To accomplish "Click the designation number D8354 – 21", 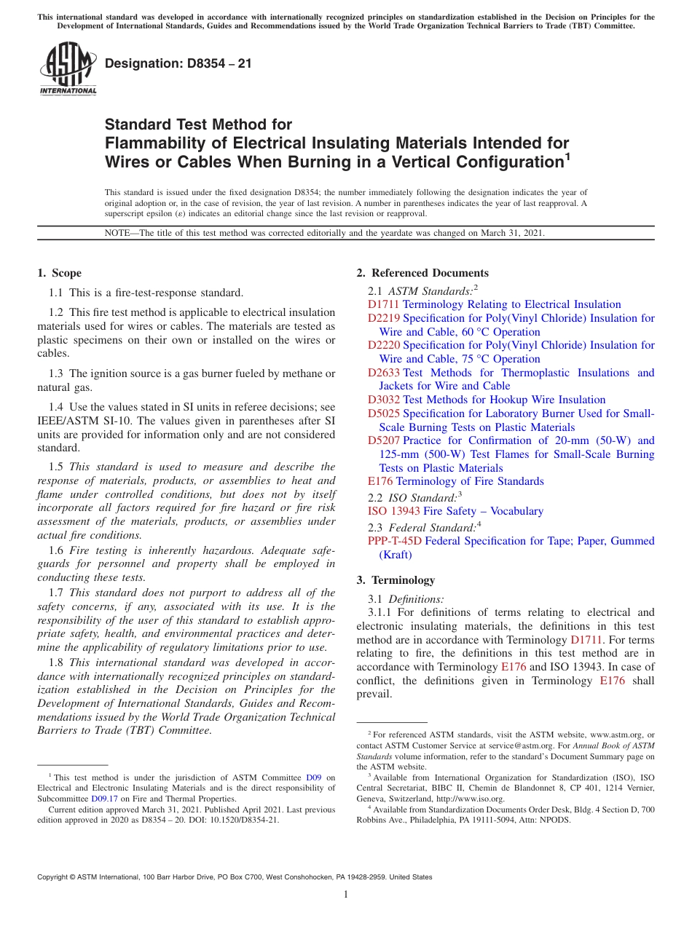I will pos(178,63).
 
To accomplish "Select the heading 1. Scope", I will pos(59,273).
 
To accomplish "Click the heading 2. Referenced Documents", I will pos(422,273).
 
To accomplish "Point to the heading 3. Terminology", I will pos(396,580).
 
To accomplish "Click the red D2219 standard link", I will pos(383,318).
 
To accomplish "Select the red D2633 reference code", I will pos(383,373).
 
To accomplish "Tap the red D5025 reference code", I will pos(383,413).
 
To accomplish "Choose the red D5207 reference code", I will pos(383,440).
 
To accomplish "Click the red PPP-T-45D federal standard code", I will pos(394,541).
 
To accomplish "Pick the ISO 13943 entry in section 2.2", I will pos(393,511).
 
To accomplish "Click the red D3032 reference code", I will pos(383,400).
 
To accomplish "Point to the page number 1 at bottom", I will pos(346,894).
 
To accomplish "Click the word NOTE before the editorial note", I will pos(119,234).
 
